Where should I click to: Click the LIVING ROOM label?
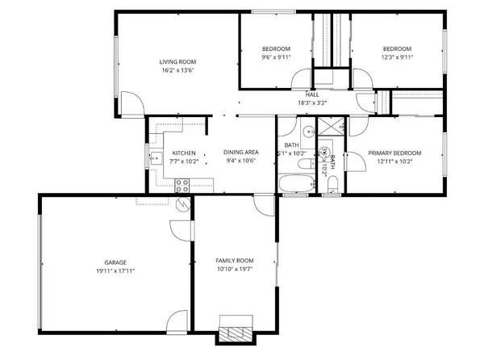tap(177, 62)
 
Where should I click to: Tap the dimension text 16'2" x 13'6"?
tap(177, 70)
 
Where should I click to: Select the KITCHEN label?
tap(183, 153)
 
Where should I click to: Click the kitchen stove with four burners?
tap(182, 185)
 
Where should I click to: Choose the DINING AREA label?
tap(240, 153)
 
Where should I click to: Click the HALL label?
tap(311, 94)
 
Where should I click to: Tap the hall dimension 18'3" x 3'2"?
tap(311, 103)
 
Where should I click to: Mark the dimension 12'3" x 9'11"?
tap(396, 57)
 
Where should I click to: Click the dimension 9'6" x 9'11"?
tap(275, 57)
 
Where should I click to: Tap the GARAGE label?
tap(115, 262)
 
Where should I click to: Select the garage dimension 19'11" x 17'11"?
tap(115, 271)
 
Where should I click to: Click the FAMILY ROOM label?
tap(234, 260)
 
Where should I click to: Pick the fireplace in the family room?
tap(236, 333)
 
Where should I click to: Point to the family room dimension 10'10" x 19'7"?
tap(234, 269)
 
